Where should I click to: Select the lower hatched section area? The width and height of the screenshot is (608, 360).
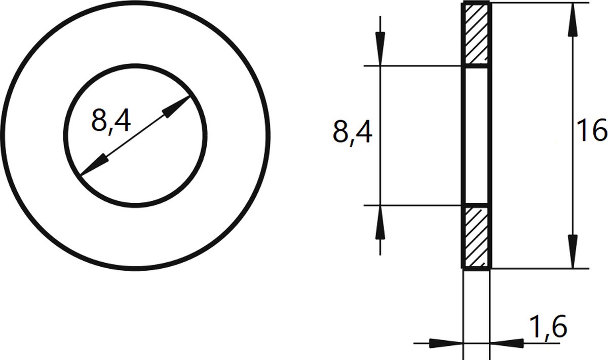(476, 236)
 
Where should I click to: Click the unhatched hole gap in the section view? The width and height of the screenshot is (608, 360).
(476, 135)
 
